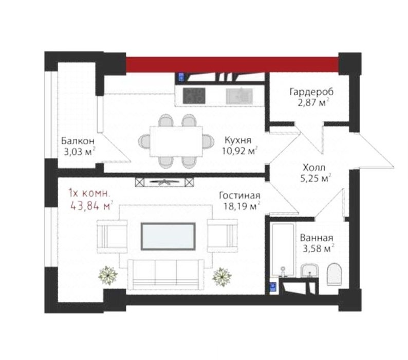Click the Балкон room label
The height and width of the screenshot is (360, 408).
tap(78, 141)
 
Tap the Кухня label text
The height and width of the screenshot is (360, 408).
tap(238, 140)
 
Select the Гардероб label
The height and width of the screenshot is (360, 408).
tap(311, 92)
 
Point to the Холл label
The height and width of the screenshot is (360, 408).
tap(314, 167)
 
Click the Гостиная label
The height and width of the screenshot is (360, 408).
tap(239, 195)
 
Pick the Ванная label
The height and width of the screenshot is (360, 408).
tap(317, 238)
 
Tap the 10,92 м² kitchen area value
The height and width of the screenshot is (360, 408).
tap(239, 151)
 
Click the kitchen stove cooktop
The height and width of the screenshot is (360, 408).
tap(194, 96)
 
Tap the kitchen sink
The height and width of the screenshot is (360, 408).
tap(239, 96)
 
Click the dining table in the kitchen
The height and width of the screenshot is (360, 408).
tap(176, 141)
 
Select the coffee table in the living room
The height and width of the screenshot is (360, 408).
tap(168, 236)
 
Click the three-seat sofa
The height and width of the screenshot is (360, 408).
tap(165, 275)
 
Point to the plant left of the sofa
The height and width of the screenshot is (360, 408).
tap(108, 275)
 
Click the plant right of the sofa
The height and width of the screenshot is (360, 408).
tap(222, 277)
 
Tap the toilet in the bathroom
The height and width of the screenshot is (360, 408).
tap(334, 274)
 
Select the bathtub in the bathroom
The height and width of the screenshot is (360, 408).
tap(283, 249)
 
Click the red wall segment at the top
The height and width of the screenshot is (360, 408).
tap(232, 64)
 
